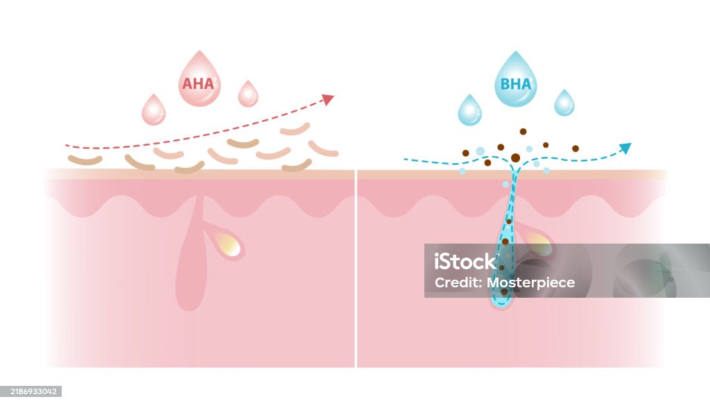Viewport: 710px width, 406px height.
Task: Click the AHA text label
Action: coord(198,83)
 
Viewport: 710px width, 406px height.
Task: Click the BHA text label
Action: coord(516,84)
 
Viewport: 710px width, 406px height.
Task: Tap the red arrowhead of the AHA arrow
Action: coord(328,99)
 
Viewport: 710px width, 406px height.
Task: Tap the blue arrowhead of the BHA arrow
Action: coord(625,148)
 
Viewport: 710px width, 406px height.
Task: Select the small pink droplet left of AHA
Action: coord(153,110)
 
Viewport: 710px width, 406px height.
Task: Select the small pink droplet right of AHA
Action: coord(248,94)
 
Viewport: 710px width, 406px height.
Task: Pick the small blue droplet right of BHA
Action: coord(564,103)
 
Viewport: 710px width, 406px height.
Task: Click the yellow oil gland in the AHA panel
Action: coord(228,244)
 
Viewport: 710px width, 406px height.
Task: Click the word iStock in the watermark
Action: coord(465,262)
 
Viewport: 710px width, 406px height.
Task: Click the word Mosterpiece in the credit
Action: coord(530,282)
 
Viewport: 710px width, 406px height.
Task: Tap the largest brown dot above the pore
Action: coord(515,158)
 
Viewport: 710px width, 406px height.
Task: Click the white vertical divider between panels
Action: coord(356,269)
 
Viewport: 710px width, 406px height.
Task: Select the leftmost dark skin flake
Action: coord(85,160)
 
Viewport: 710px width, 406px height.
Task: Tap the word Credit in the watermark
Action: coord(458,282)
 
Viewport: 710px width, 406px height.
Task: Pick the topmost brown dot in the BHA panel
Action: coord(523,131)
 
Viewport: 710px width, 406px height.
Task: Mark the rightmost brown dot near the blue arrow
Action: coord(575,149)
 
